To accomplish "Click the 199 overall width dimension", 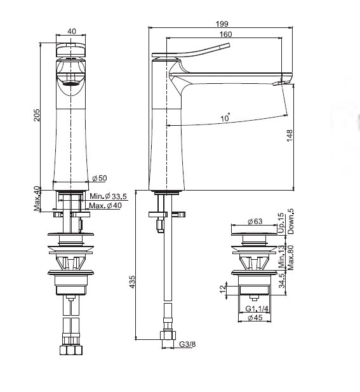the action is tap(222, 24).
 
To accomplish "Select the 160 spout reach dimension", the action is tap(225, 34).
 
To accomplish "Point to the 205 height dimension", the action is tap(37, 115).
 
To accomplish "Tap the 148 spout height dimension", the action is tap(290, 136).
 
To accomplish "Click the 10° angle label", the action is tap(225, 117).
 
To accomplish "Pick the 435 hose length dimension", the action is tap(132, 281).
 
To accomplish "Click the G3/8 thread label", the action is tap(187, 344).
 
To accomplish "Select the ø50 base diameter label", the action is tap(100, 179).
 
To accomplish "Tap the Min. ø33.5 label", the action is tap(108, 196).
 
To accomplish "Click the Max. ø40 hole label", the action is tap(105, 206).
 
